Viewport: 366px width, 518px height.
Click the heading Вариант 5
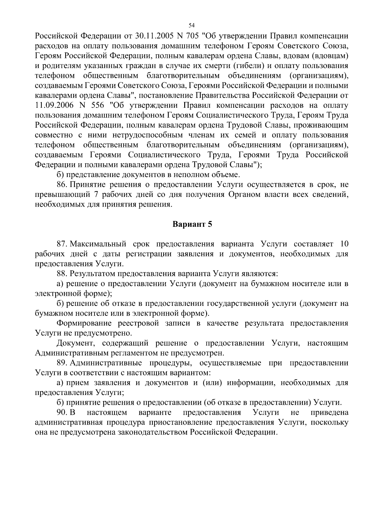(192, 224)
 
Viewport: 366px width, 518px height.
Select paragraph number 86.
(62, 185)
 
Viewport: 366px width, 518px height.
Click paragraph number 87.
(62, 244)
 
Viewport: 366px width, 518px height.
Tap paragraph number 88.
(62, 273)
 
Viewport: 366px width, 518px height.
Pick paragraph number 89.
(62, 363)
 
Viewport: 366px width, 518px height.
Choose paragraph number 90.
(62, 413)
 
